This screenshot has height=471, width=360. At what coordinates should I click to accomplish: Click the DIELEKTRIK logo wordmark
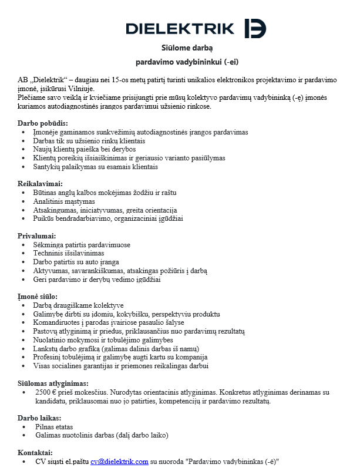[180, 28]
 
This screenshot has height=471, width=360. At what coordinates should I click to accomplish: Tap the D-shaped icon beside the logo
[255, 28]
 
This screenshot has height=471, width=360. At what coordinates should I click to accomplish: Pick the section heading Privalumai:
[39, 236]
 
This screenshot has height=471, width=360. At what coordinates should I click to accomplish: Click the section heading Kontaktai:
[35, 453]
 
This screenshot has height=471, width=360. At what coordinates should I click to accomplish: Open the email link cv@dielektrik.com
[119, 462]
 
